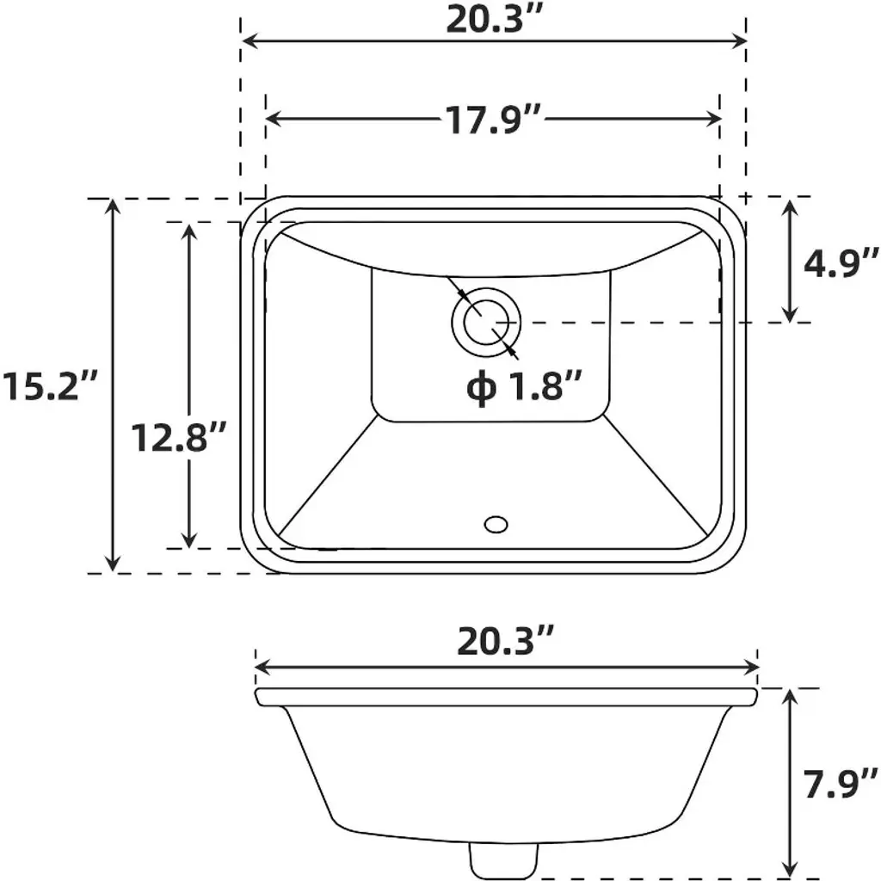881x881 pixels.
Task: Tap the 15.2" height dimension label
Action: (50, 385)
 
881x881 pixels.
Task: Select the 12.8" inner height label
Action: (179, 437)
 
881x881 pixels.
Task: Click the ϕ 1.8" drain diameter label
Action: (523, 385)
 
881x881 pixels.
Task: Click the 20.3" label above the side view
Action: (506, 640)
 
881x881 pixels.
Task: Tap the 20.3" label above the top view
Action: (495, 21)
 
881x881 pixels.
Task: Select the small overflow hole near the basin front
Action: (496, 525)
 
